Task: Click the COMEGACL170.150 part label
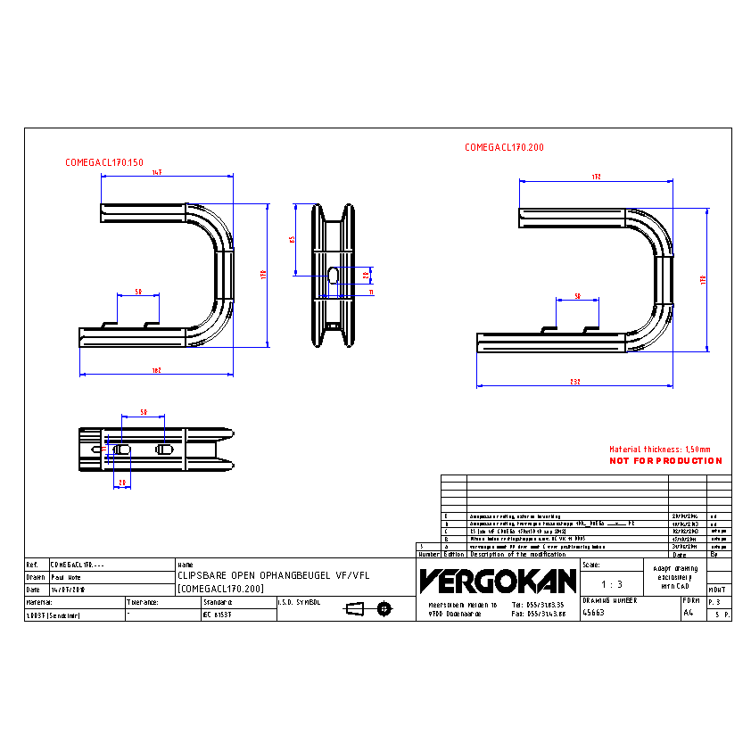[103, 162]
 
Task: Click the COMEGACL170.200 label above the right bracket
[504, 147]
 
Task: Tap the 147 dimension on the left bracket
[157, 172]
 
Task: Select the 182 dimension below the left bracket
[157, 370]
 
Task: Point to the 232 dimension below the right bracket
[575, 382]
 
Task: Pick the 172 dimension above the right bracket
[596, 177]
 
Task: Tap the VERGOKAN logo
[498, 581]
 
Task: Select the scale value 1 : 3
[612, 584]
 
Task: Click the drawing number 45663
[593, 613]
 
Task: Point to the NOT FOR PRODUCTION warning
[665, 461]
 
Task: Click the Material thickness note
[660, 450]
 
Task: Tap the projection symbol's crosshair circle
[384, 608]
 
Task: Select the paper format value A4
[688, 613]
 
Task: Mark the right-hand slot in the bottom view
[164, 449]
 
